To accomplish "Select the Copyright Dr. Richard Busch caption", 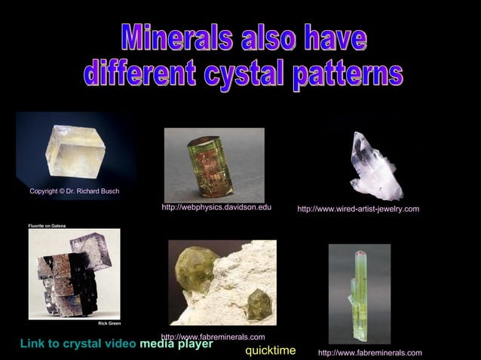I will [74, 191].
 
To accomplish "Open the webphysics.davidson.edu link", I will [216, 207].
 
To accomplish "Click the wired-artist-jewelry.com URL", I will [358, 209].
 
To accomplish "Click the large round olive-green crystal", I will [197, 267].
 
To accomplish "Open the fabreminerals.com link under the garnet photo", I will [213, 337].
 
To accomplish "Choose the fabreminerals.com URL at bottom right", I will [369, 352].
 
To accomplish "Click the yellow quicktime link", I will [270, 351].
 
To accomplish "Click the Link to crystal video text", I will [78, 344].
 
